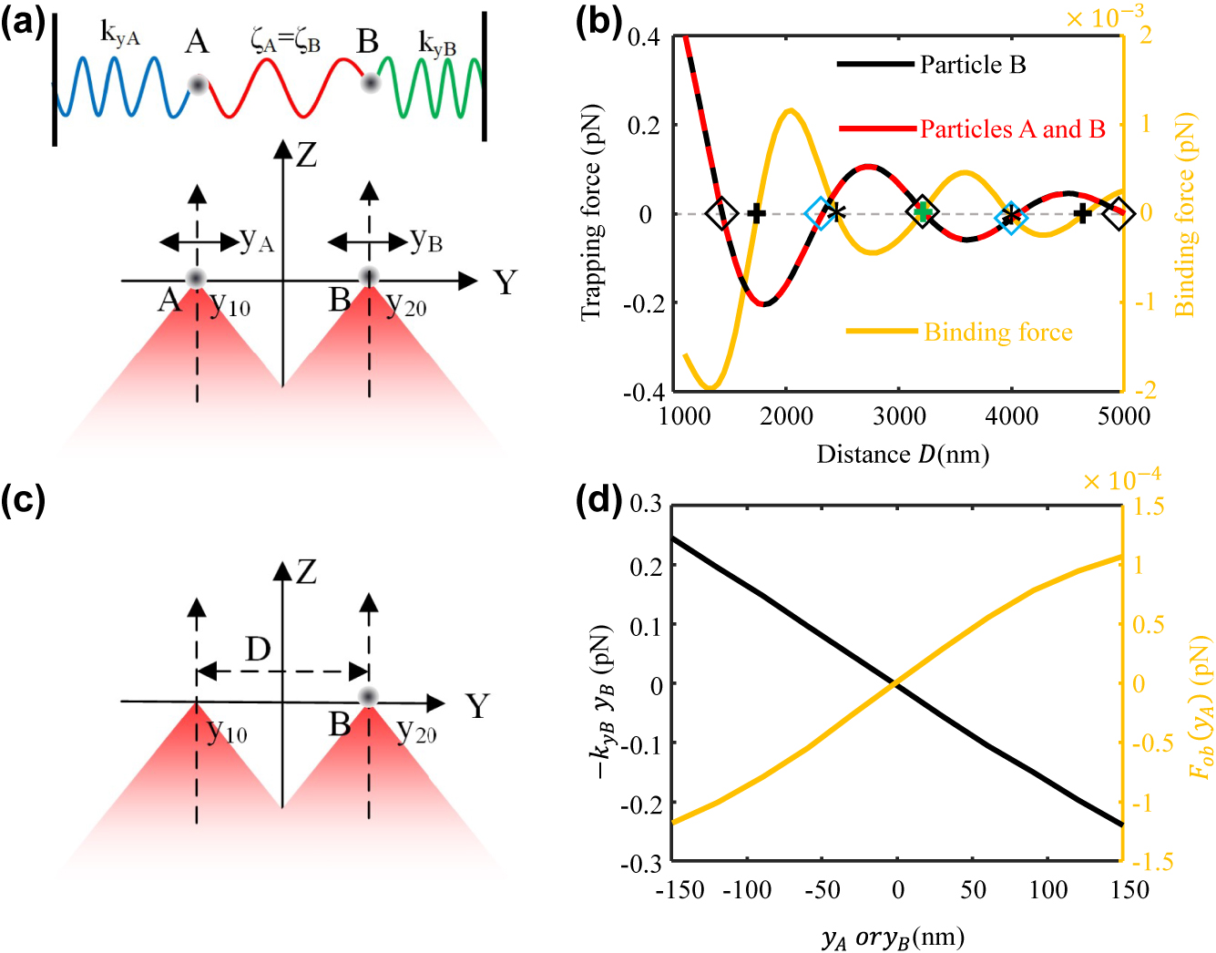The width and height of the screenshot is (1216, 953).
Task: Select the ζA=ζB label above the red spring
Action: pyautogui.click(x=285, y=41)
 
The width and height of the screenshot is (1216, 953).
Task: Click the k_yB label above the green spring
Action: pyautogui.click(x=437, y=43)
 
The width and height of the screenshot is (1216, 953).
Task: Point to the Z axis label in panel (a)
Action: pyautogui.click(x=307, y=155)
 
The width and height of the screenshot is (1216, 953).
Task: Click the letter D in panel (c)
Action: pyautogui.click(x=259, y=650)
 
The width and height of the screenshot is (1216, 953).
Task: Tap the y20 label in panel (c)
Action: pyautogui.click(x=417, y=732)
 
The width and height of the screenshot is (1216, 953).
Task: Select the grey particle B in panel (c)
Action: pyautogui.click(x=368, y=697)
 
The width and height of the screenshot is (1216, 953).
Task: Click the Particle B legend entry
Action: pyautogui.click(x=972, y=65)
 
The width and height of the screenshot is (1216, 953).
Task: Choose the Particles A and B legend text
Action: pyautogui.click(x=1012, y=129)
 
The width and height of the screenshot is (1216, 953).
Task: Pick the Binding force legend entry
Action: pyautogui.click(x=997, y=333)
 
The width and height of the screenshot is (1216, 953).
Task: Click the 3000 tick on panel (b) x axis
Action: pyautogui.click(x=899, y=416)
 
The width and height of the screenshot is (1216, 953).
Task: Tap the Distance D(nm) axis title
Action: pyautogui.click(x=902, y=454)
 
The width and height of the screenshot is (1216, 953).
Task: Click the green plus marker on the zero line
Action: pyautogui.click(x=923, y=212)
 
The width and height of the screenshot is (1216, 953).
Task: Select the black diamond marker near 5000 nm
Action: pyautogui.click(x=1119, y=213)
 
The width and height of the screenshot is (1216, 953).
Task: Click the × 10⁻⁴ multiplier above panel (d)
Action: pyautogui.click(x=1121, y=478)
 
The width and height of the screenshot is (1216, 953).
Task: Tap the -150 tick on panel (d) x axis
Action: pyautogui.click(x=680, y=889)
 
